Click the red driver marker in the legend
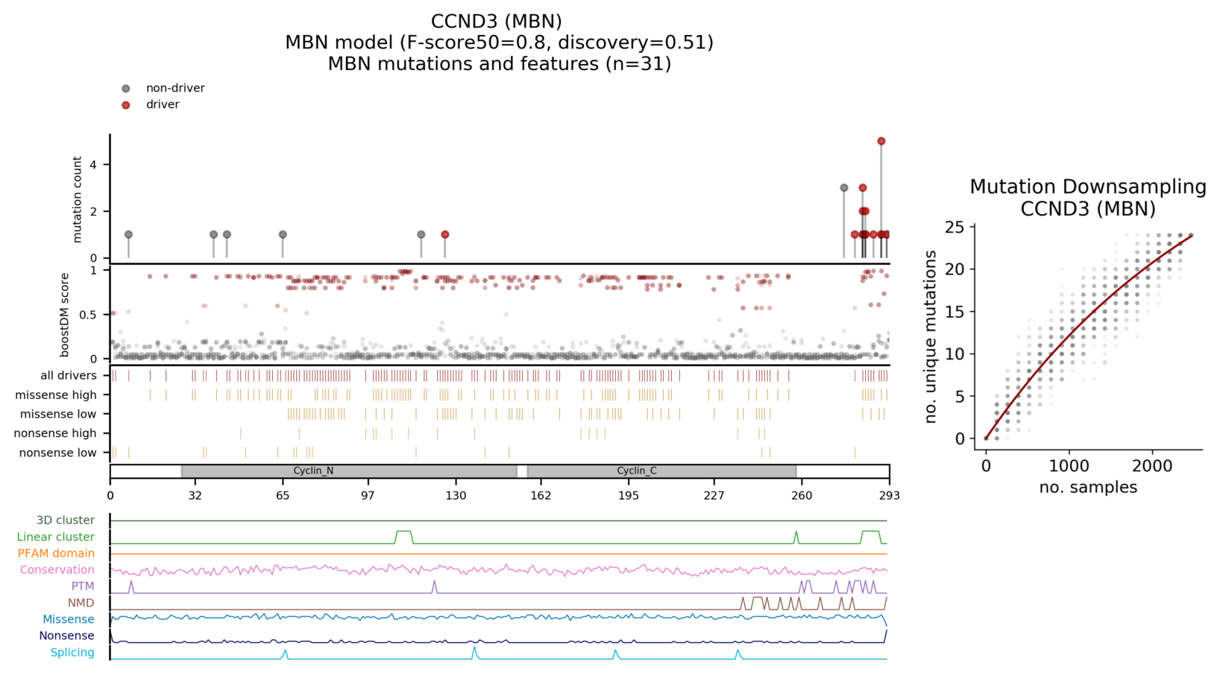(x=126, y=105)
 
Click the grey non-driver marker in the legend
(x=126, y=89)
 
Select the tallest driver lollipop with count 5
(x=881, y=141)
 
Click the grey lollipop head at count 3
(x=844, y=188)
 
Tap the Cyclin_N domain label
(x=313, y=471)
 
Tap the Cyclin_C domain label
(x=636, y=471)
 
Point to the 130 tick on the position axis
(x=456, y=495)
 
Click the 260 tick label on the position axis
(x=802, y=495)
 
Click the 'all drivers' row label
(x=69, y=375)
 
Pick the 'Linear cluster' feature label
(x=56, y=537)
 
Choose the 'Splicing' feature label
(x=72, y=653)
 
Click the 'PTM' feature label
(x=83, y=586)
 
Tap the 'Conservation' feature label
(x=57, y=570)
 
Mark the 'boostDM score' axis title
(x=65, y=315)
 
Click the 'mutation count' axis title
(x=77, y=199)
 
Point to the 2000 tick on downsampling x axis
(x=1152, y=465)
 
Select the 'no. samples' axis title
(x=1088, y=488)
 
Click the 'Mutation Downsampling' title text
(x=1088, y=186)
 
